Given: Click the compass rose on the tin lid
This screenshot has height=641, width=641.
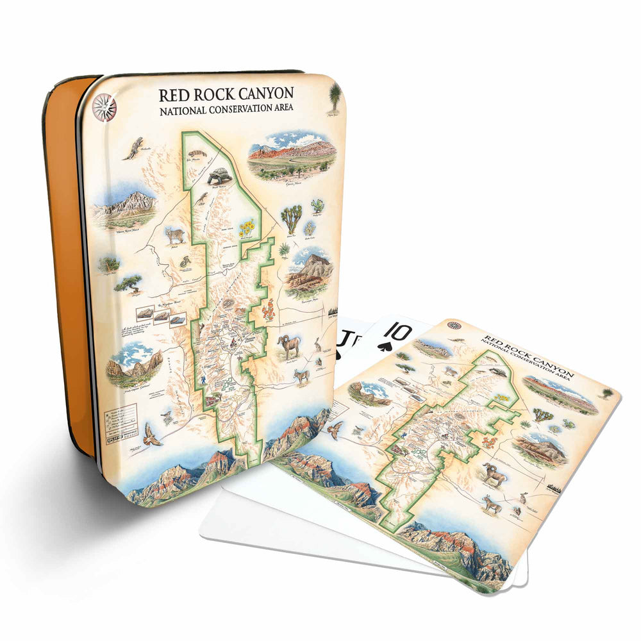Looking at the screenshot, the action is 104,107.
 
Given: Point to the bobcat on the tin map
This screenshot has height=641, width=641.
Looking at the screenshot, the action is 174,235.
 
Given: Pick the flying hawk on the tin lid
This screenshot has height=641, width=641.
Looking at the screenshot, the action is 152,434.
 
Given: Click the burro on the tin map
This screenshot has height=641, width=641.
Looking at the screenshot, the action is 301,376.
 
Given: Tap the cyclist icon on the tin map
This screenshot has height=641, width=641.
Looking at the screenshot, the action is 203,381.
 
